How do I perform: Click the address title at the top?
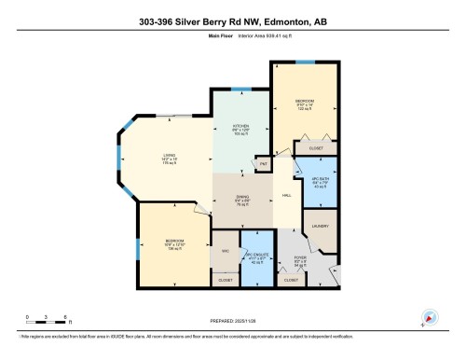click(233, 21)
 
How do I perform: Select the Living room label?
click(170, 159)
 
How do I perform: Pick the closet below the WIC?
click(225, 280)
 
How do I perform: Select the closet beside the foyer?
click(290, 280)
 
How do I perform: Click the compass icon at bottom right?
click(430, 316)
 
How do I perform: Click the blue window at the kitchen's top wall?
click(240, 90)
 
